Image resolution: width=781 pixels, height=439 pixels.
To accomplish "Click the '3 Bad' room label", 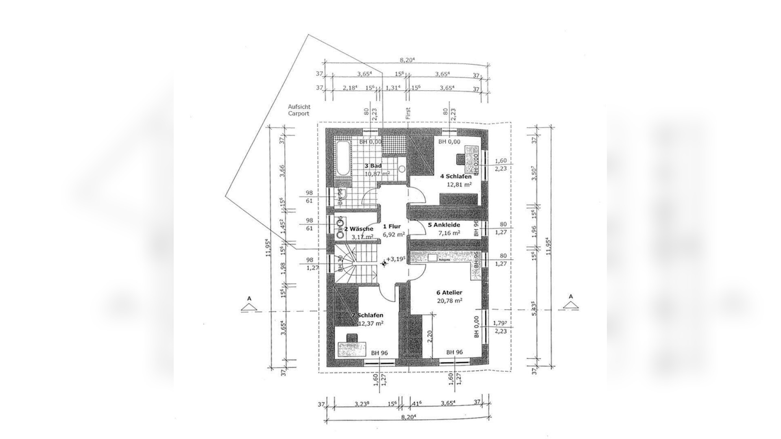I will [88, 166].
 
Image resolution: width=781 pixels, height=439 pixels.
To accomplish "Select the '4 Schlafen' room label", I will [456, 176].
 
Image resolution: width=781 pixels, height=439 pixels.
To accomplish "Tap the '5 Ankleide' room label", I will [444, 225].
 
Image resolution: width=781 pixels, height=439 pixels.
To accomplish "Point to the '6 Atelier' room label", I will [449, 292].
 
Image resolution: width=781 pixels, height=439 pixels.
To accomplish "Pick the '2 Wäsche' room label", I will [358, 229].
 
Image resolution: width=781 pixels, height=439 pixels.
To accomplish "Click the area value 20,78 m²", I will [449, 301].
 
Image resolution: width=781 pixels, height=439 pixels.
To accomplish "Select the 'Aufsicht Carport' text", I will [299, 110].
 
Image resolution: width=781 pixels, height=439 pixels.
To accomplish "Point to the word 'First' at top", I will [408, 113].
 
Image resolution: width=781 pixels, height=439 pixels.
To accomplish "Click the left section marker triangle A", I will [249, 305].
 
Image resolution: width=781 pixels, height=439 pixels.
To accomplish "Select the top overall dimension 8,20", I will [407, 60].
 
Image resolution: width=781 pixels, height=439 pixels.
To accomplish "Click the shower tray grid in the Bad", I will [394, 145].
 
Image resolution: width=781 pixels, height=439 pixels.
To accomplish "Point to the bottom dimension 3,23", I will [362, 404].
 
